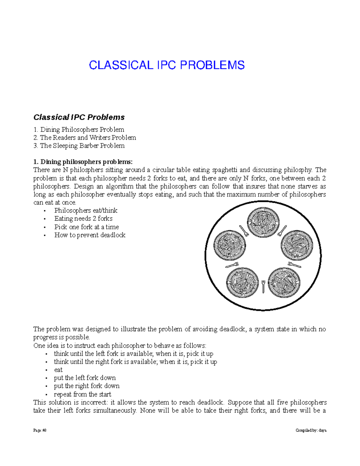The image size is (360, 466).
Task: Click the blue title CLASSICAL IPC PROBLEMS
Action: [x=167, y=65]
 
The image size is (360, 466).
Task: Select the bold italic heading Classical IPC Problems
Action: [x=79, y=117]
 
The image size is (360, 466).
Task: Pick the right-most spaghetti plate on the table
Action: [x=296, y=245]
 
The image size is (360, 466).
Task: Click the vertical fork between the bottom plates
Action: [x=263, y=287]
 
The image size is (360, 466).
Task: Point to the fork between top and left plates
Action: [x=244, y=230]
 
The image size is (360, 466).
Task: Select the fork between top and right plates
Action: [x=282, y=230]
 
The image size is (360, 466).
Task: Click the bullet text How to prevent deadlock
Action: [x=90, y=235]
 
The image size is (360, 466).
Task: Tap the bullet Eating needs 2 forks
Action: [x=83, y=219]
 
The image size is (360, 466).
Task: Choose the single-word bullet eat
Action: [x=58, y=370]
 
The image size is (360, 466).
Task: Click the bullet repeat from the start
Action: [x=82, y=394]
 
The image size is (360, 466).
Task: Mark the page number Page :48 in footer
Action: [x=40, y=430]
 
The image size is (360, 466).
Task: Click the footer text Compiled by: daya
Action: [x=311, y=430]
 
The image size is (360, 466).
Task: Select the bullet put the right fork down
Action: [x=87, y=386]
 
